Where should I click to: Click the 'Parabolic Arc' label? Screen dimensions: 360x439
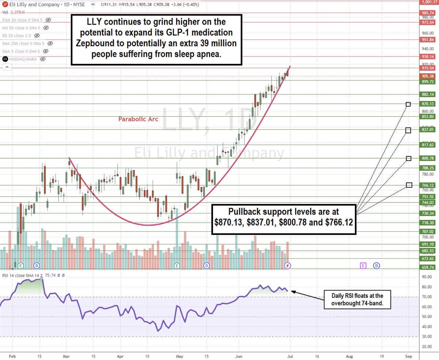(138, 119)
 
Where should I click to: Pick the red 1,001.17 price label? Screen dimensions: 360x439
(428, 2)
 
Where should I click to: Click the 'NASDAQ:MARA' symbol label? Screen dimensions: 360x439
(23, 59)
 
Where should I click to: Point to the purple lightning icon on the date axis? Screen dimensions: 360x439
(288, 265)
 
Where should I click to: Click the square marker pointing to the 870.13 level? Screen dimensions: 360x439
(408, 105)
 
